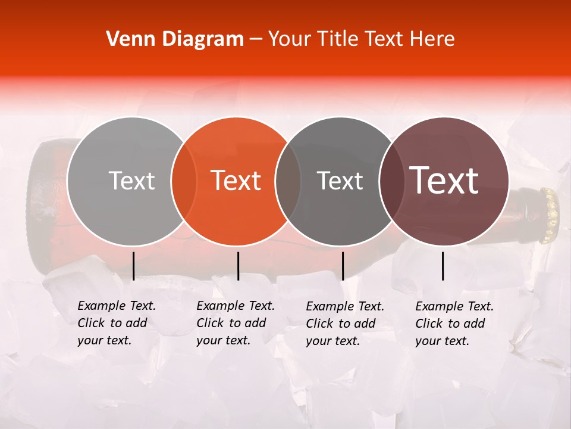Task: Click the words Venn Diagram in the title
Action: click(x=175, y=39)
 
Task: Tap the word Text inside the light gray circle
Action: click(x=131, y=181)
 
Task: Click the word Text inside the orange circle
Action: click(x=236, y=181)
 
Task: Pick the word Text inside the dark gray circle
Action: click(x=340, y=181)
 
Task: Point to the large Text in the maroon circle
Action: click(x=444, y=181)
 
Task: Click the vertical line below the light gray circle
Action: click(x=133, y=266)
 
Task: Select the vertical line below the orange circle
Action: click(x=238, y=266)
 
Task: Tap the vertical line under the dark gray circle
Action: click(x=343, y=266)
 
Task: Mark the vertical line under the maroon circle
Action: click(x=443, y=266)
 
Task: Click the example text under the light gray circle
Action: click(x=117, y=324)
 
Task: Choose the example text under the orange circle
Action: click(x=236, y=324)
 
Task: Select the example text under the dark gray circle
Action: click(x=345, y=324)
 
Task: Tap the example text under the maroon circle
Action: click(x=454, y=324)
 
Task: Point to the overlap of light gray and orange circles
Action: click(x=184, y=181)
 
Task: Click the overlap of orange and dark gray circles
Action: click(x=288, y=181)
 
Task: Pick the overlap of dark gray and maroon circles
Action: click(x=390, y=181)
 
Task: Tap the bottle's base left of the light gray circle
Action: click(x=48, y=203)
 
